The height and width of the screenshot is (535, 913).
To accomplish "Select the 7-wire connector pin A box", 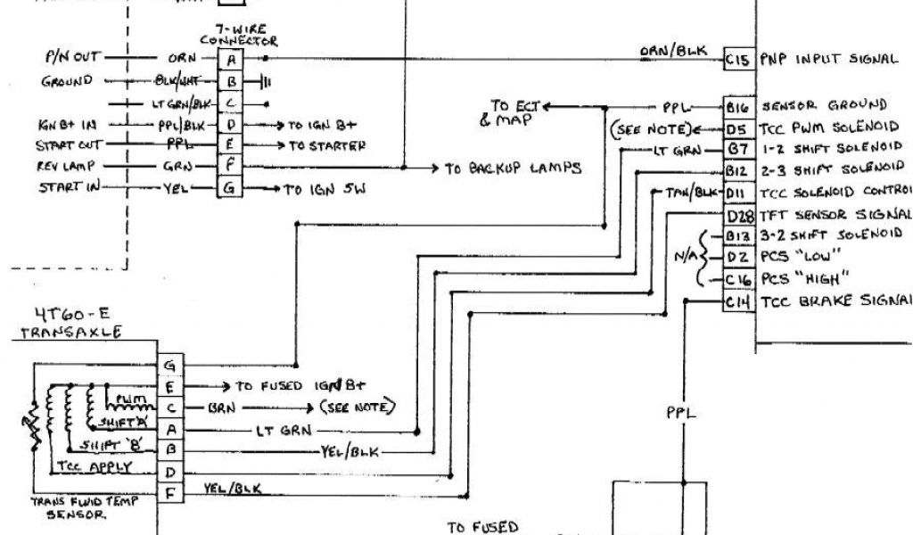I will [x=231, y=59].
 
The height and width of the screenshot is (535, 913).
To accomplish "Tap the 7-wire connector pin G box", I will [x=231, y=188].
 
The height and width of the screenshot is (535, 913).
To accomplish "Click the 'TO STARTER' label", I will [x=326, y=145].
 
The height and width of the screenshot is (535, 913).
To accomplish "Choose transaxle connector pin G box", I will [x=170, y=365].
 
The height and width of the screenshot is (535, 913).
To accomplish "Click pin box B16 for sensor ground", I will [x=736, y=106].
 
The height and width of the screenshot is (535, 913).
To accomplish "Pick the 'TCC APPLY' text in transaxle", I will [x=94, y=466].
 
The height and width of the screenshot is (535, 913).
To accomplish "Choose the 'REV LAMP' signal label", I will [x=67, y=166].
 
